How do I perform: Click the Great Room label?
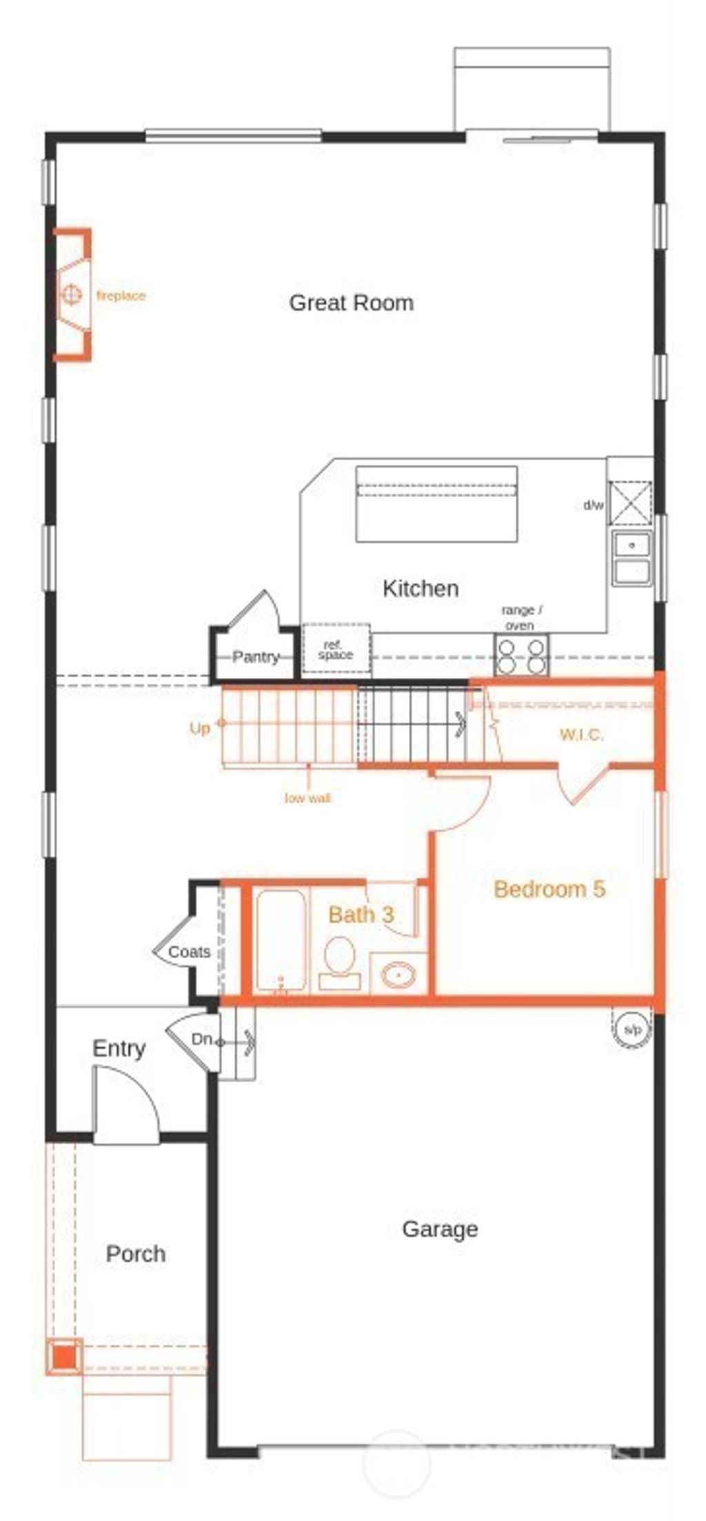[x=351, y=303]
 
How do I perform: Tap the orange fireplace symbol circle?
[x=70, y=295]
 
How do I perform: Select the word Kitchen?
[x=420, y=589]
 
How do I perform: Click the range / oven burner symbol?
[x=522, y=656]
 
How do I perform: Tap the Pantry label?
[x=255, y=656]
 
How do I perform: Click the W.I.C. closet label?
[x=581, y=734]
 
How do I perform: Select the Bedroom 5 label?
[x=549, y=889]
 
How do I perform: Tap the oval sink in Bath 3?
[x=398, y=975]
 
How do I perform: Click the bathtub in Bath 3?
[x=279, y=941]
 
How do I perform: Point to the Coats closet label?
[x=189, y=952]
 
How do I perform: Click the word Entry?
[x=119, y=1049]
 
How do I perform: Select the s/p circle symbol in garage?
[x=632, y=1030]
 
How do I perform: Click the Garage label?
[x=440, y=1229]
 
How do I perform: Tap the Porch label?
[x=135, y=1254]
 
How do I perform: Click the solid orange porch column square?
[x=64, y=1357]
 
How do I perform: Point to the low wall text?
[x=307, y=798]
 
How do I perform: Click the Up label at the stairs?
[x=199, y=728]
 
